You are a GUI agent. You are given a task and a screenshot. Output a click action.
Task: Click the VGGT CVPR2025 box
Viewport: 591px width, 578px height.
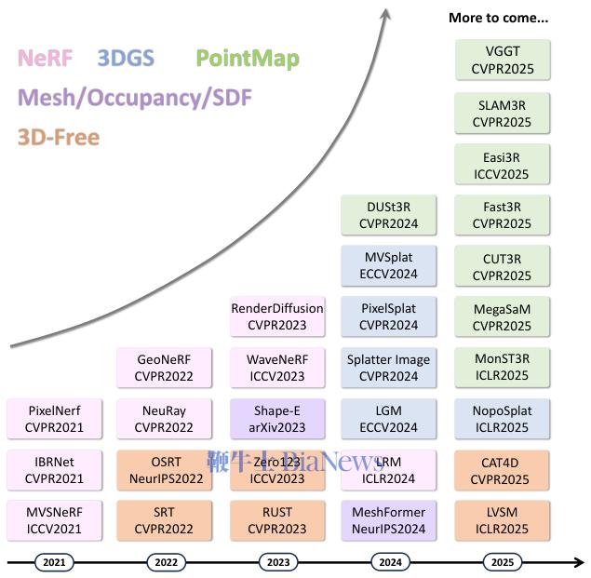(502, 60)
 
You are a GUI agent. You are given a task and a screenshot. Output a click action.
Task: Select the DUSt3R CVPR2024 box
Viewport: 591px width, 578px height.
(388, 215)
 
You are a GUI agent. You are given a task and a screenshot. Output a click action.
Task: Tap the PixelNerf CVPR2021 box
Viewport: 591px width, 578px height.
(55, 418)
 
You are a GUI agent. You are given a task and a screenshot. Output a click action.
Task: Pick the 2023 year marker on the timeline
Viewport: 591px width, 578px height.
(277, 562)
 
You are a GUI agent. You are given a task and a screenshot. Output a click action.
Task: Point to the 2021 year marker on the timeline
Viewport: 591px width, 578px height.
(55, 562)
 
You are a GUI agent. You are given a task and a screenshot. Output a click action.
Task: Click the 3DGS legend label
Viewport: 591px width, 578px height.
(126, 59)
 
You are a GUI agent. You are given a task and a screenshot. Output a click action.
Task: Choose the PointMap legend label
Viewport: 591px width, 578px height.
(248, 60)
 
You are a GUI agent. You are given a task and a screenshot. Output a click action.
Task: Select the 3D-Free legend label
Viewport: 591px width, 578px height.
(58, 137)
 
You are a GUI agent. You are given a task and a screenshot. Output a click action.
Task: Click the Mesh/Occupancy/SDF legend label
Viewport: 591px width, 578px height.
(135, 98)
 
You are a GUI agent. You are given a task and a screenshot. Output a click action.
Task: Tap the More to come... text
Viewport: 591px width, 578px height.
(498, 17)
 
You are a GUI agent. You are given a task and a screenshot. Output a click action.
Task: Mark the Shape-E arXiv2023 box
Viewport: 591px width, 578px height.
(277, 418)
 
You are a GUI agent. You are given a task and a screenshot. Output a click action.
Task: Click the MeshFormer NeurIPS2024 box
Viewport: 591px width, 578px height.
(388, 520)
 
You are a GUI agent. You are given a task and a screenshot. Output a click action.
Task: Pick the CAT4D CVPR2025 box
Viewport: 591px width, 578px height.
(502, 470)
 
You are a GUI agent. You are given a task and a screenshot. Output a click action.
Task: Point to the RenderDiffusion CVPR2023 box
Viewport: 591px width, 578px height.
(277, 316)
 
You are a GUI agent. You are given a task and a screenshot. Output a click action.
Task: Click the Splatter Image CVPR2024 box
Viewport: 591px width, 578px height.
(388, 368)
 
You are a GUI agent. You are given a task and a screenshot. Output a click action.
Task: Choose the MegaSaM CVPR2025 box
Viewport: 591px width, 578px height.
(502, 316)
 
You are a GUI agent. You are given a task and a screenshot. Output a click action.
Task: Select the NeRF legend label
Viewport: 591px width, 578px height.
(45, 59)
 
